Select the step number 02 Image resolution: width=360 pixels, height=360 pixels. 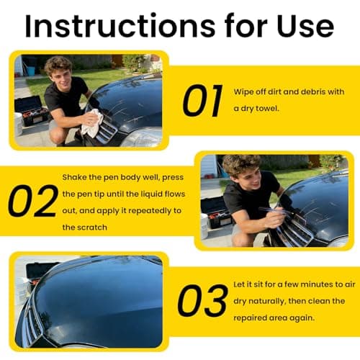point(32,202)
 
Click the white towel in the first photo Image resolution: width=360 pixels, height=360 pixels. point(93,124)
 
